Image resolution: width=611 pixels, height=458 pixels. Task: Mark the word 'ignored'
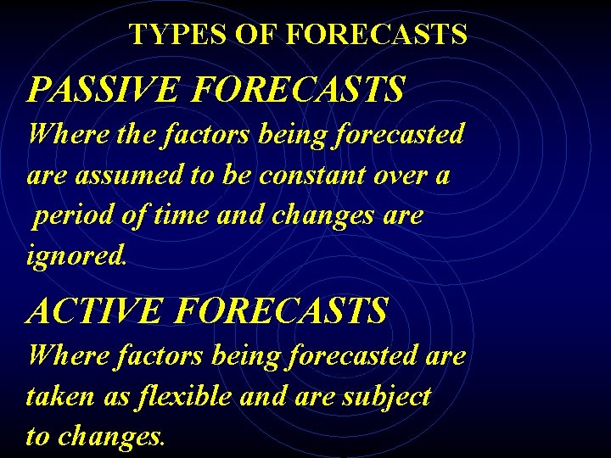click(76, 257)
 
